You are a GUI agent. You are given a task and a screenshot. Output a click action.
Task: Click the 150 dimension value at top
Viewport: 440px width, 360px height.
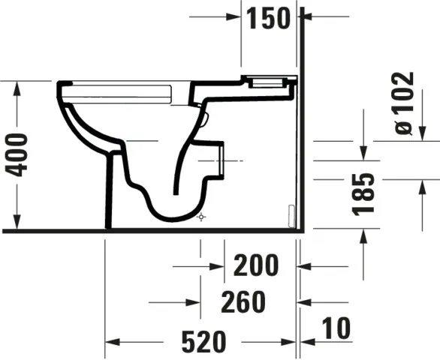pyautogui.click(x=266, y=17)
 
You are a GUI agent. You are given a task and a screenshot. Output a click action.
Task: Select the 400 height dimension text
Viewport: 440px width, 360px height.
pyautogui.click(x=16, y=154)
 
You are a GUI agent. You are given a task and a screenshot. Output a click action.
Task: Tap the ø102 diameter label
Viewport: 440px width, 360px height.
pyautogui.click(x=405, y=103)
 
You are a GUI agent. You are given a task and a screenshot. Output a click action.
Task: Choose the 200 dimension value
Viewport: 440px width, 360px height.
pyautogui.click(x=255, y=264)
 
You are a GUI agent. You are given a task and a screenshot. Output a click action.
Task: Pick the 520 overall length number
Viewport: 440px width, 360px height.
pyautogui.click(x=203, y=342)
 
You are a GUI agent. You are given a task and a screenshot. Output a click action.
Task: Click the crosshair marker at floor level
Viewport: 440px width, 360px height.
pyautogui.click(x=200, y=217)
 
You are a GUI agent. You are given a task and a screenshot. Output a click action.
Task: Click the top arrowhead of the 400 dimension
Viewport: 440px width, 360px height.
pyautogui.click(x=16, y=86)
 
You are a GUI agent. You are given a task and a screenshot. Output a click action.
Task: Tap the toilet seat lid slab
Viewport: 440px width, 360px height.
pyautogui.click(x=120, y=91)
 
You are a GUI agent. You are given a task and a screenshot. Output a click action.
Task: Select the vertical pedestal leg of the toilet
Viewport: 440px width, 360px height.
pyautogui.click(x=112, y=187)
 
